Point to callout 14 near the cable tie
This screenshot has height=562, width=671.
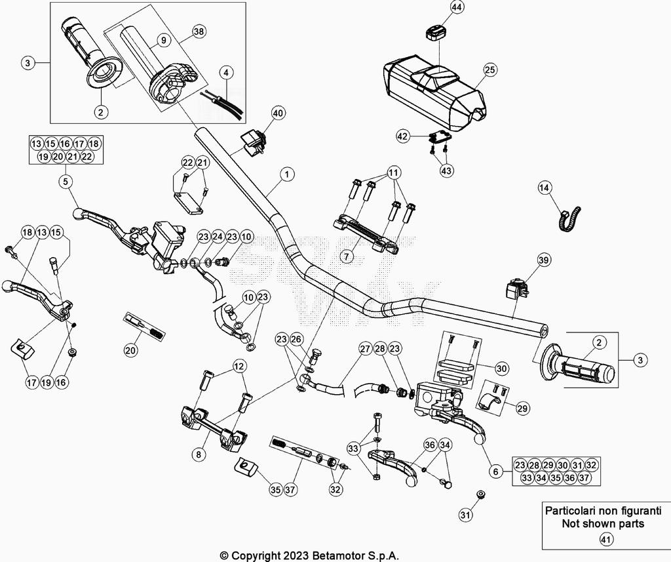click(x=545, y=188)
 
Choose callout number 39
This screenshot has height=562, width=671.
click(x=543, y=260)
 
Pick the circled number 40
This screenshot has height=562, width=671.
click(x=278, y=113)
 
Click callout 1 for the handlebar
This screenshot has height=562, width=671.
click(x=286, y=174)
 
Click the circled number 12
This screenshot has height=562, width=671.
click(x=238, y=365)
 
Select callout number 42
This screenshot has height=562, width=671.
click(x=404, y=136)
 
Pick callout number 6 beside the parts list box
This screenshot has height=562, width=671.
click(x=495, y=470)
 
